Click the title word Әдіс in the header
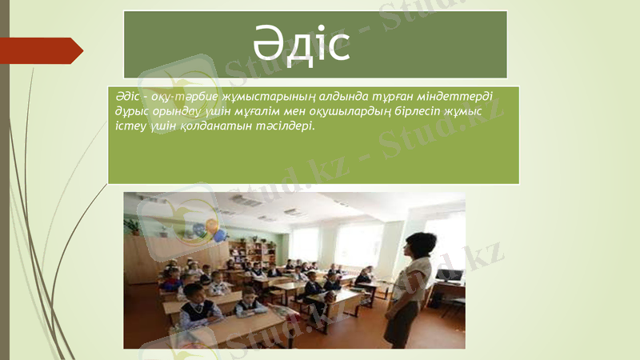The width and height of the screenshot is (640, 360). (302, 46)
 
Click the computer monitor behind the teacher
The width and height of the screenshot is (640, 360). (449, 275)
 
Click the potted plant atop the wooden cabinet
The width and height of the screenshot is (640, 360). (134, 227)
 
